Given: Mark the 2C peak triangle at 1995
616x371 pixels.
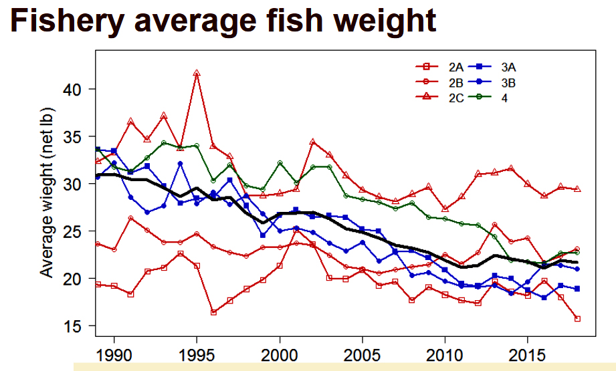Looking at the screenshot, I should tap(197, 73).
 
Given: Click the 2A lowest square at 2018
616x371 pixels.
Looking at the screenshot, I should tap(577, 318).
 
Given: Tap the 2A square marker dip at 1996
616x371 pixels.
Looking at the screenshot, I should tap(213, 312).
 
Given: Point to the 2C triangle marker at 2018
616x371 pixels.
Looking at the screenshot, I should tap(577, 189).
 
